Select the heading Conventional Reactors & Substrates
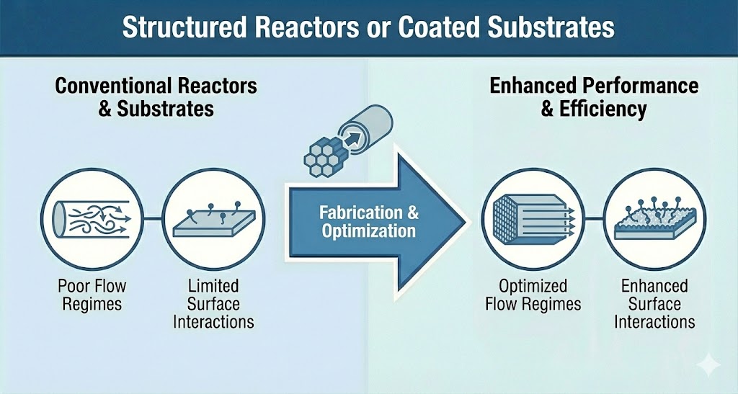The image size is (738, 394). pyautogui.click(x=156, y=97)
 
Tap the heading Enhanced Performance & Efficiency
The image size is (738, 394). pyautogui.click(x=594, y=97)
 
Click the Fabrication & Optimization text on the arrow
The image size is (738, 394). pyautogui.click(x=369, y=221)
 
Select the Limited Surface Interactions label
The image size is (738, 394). pyautogui.click(x=213, y=303)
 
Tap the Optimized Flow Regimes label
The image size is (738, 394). pyautogui.click(x=533, y=295)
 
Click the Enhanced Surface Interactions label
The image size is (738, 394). pyautogui.click(x=654, y=303)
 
